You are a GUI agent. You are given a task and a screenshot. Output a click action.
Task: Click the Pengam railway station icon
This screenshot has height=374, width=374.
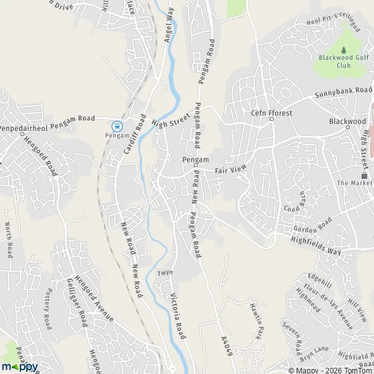point(117,127)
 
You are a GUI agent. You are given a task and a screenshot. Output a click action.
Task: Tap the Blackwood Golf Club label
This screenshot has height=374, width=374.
point(344,61)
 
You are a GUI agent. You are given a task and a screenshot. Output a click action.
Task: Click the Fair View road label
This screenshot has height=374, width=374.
point(231,169)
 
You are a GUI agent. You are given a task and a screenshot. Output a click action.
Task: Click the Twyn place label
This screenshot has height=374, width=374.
point(165,273)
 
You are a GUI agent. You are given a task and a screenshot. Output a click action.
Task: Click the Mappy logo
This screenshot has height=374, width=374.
point(20,366)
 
